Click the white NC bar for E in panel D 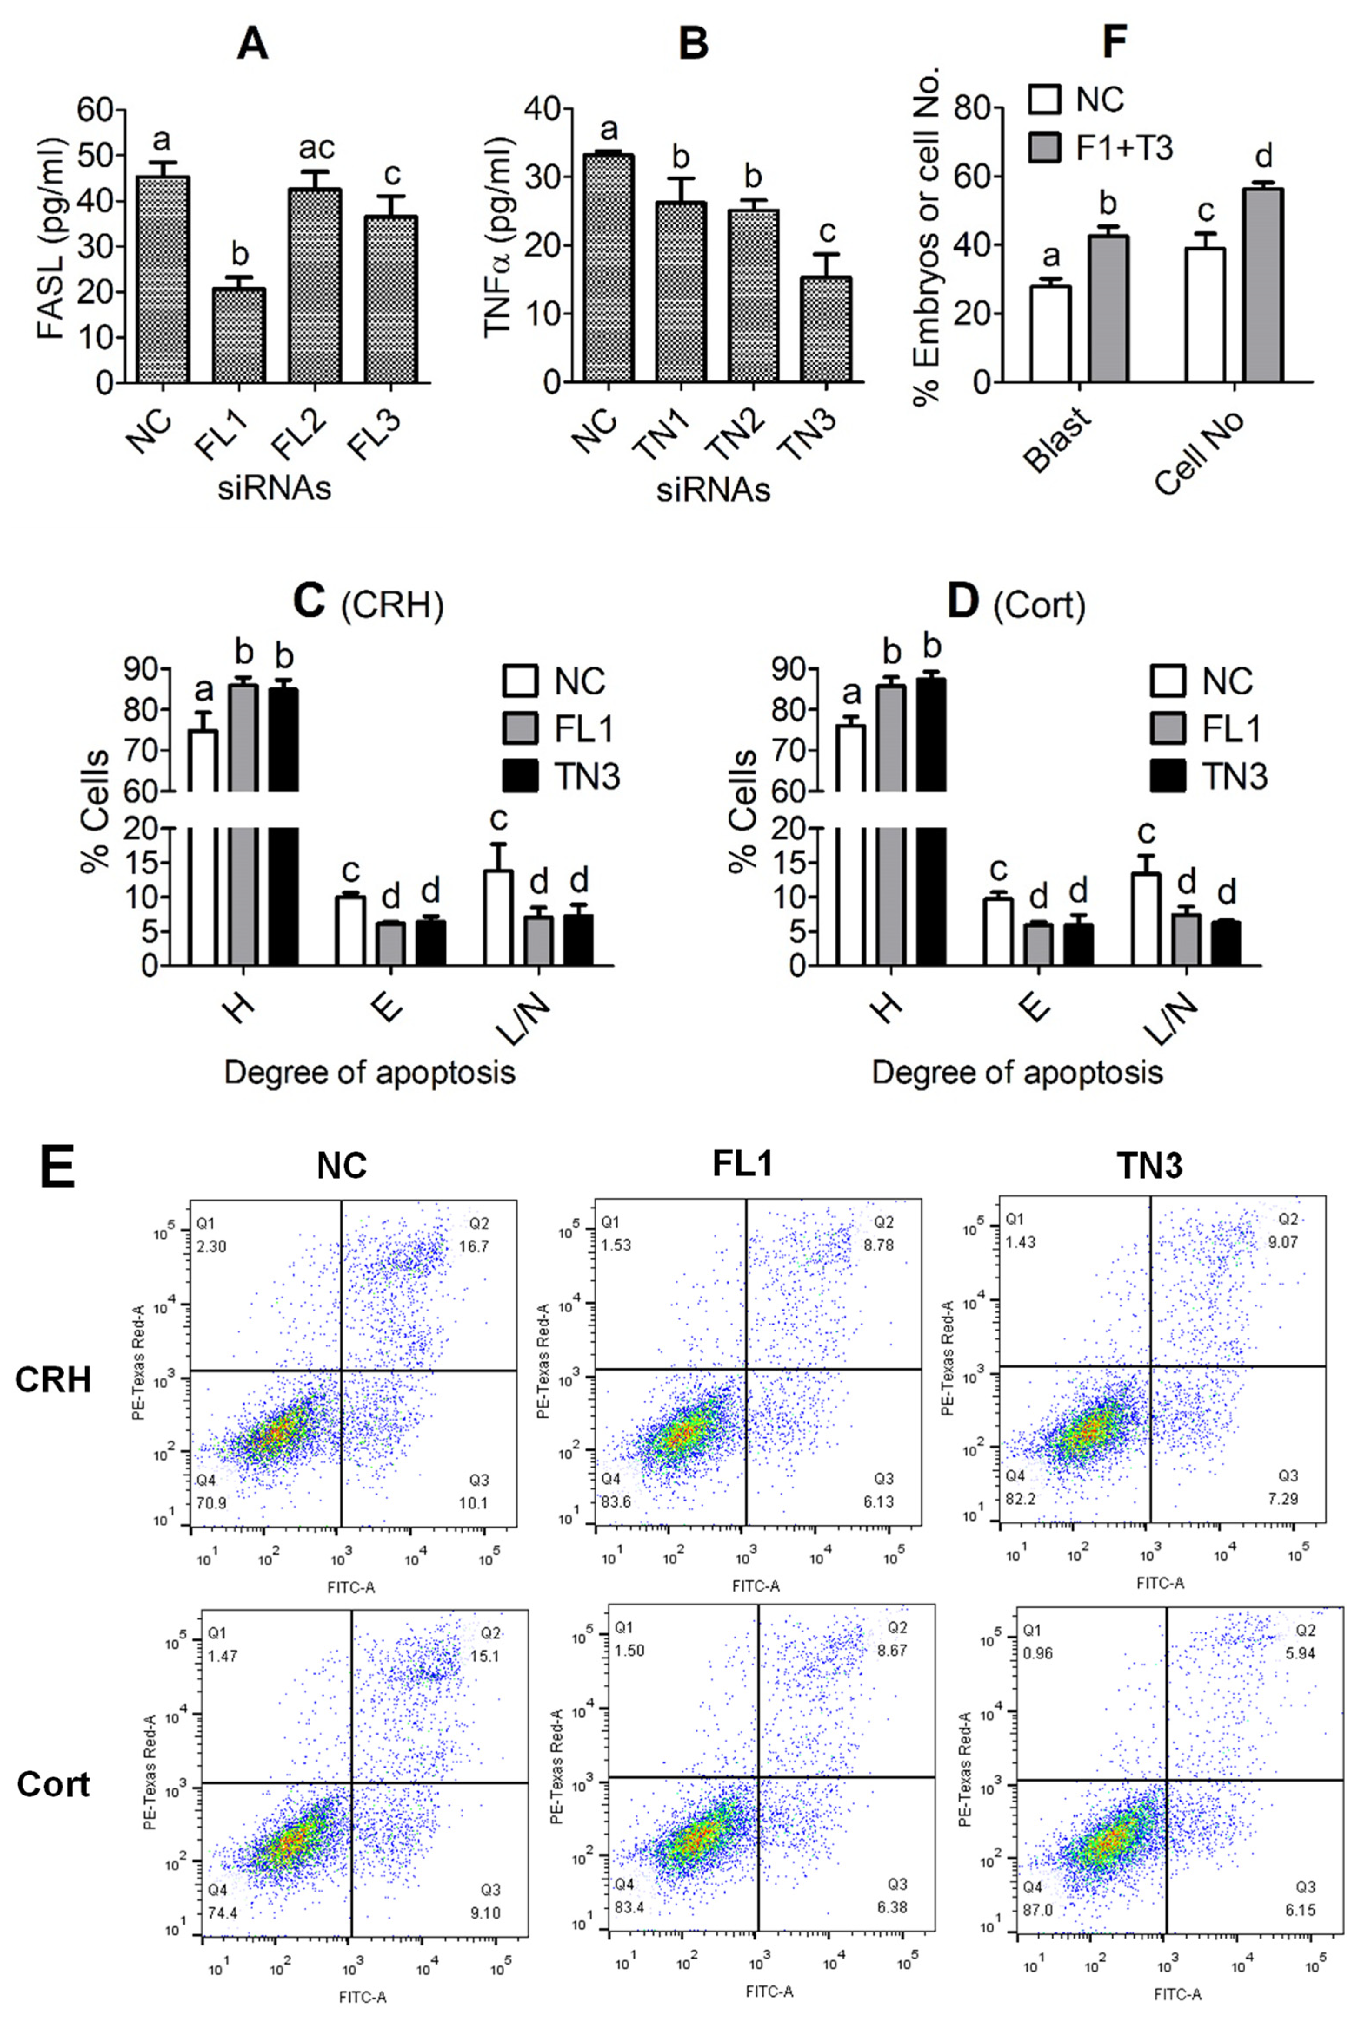[x=998, y=931]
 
